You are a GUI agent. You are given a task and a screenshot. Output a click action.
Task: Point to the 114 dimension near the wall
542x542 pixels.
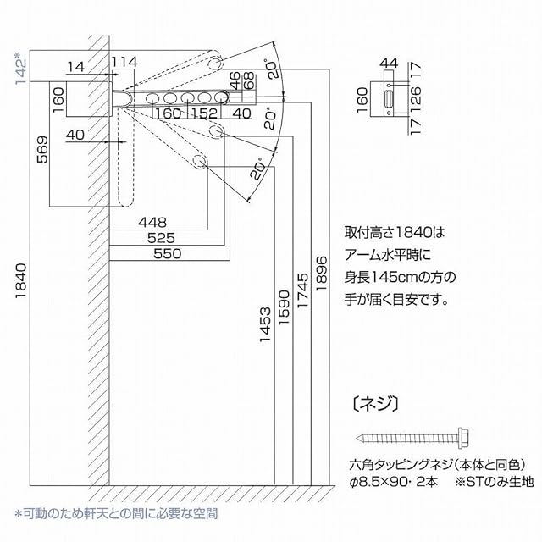tap(124, 62)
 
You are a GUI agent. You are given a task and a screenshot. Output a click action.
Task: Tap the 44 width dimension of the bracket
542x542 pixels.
tap(390, 62)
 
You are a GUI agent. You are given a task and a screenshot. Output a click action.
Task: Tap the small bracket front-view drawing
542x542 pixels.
tap(390, 98)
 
